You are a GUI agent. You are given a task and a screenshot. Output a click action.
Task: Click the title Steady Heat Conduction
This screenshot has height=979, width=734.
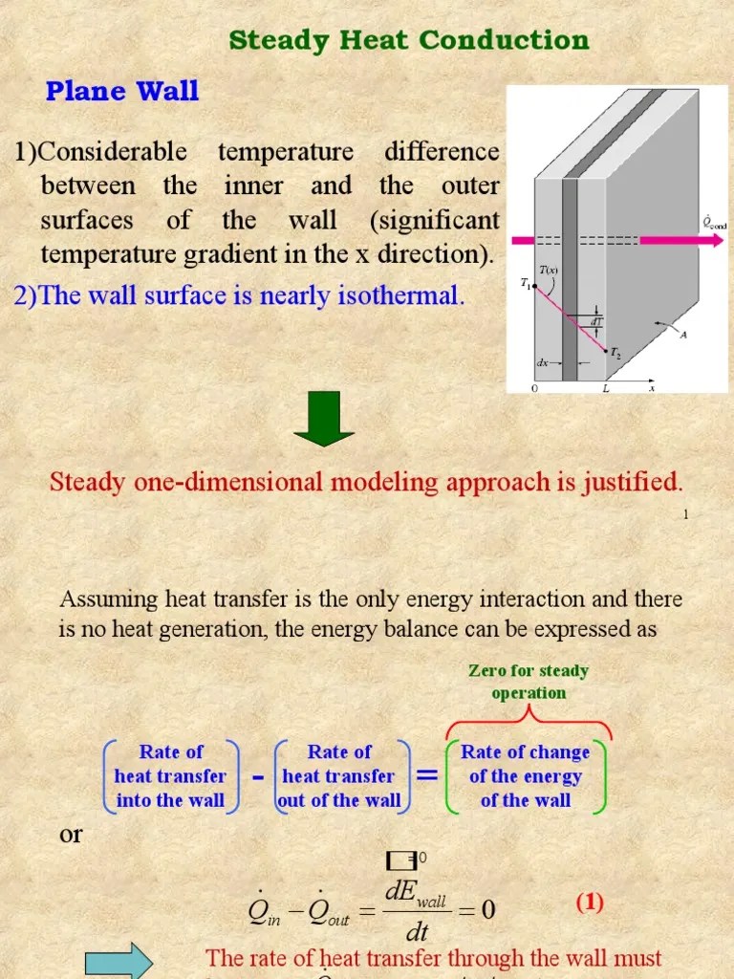pos(409,40)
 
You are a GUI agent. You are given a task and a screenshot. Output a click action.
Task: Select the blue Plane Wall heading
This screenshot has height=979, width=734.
pos(122,92)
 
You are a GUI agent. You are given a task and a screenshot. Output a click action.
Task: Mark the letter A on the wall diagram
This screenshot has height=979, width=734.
pos(682,334)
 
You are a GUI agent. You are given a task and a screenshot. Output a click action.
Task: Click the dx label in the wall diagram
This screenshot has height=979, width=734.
pos(542,362)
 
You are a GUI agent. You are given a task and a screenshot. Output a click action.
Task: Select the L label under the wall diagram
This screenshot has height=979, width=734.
pos(605,390)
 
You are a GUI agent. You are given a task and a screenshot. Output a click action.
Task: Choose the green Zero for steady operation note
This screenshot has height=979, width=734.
pos(529,682)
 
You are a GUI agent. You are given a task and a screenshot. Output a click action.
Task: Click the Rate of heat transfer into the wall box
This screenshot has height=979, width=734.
pos(170,776)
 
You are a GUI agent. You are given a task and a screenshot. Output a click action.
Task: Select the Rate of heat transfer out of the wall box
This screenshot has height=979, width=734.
pos(339,776)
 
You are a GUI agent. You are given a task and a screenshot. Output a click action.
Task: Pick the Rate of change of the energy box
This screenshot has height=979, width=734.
pos(526,776)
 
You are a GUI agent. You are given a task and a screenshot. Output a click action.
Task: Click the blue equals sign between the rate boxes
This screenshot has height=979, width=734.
pos(428,776)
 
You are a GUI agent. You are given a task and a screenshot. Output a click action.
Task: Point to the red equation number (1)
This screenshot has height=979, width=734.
pos(589,903)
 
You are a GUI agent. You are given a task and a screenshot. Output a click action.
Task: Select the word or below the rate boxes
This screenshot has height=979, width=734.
pos(72,834)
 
